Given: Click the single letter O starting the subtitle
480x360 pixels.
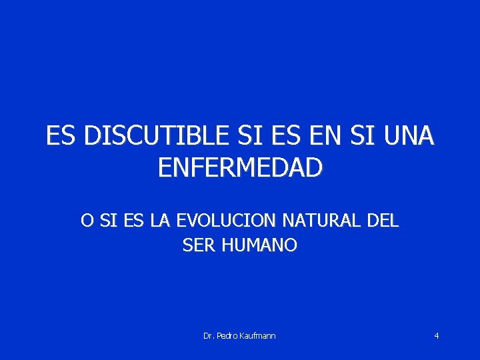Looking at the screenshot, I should (x=87, y=220).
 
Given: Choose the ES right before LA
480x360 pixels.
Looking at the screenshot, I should (x=133, y=220).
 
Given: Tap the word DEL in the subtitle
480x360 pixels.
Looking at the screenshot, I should (x=381, y=220).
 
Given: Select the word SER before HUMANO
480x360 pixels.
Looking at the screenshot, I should (x=198, y=245).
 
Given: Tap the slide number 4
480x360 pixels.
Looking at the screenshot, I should (x=436, y=335).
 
